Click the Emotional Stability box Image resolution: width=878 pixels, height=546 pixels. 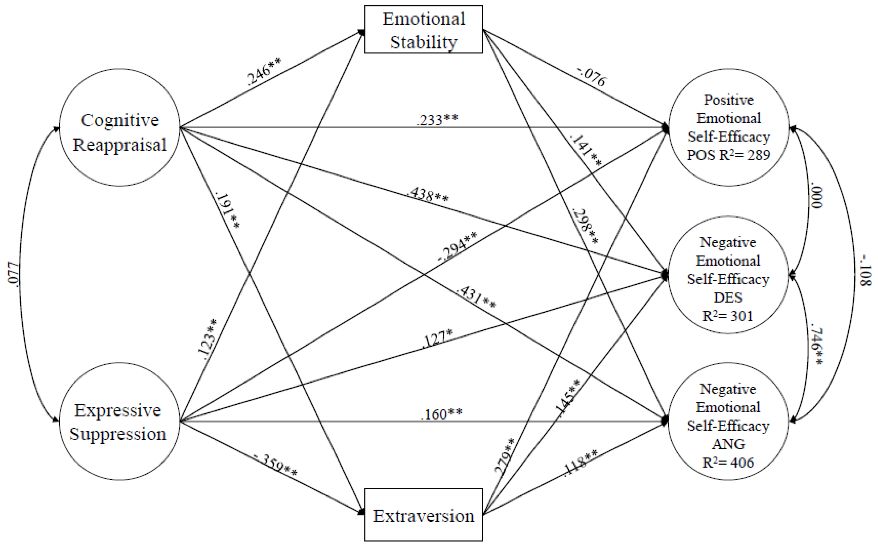point(424,30)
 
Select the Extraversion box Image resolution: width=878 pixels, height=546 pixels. point(424,515)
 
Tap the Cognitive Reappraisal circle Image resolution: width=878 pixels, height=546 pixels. point(119,127)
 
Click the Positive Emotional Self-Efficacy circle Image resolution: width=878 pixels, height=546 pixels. point(729,127)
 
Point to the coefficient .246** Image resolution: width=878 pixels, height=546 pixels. point(264,71)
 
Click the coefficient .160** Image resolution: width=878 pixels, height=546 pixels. point(441,414)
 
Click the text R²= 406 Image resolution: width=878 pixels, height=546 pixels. point(728,463)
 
